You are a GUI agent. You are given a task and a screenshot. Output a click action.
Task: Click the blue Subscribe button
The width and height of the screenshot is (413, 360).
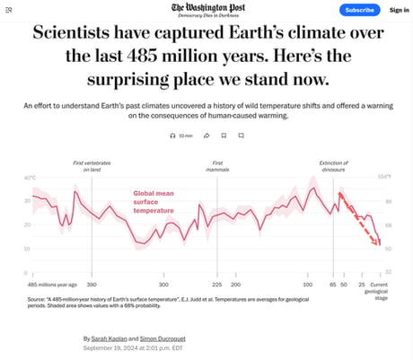tap(359, 10)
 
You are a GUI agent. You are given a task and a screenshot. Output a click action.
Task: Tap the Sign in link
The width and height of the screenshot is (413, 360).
tap(400, 10)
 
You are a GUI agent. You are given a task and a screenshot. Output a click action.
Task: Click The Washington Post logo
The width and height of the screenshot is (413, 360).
tap(206, 8)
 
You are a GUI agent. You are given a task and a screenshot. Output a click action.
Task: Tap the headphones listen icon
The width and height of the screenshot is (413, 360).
tap(173, 136)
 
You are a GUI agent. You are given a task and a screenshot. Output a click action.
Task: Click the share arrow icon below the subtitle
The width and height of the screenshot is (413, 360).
tap(206, 136)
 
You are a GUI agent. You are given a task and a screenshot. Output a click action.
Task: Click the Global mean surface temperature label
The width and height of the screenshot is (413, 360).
tap(159, 202)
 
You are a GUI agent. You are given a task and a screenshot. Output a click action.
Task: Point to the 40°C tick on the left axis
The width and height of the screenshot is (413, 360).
tap(31, 178)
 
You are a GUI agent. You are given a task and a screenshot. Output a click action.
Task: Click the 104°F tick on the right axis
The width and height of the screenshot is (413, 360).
tap(384, 177)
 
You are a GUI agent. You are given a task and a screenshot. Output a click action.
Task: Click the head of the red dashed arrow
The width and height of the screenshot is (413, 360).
tap(379, 243)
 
